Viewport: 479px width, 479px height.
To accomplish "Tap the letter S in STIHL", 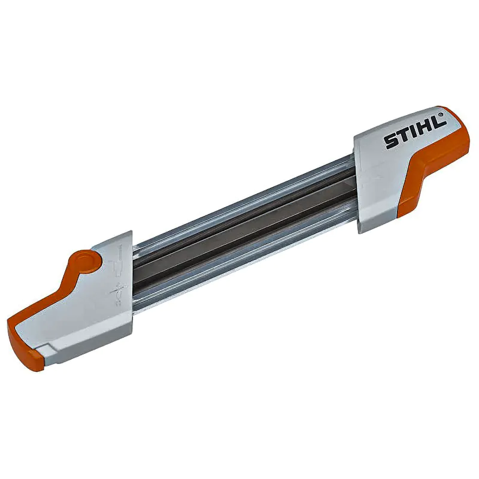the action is tap(392, 141).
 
